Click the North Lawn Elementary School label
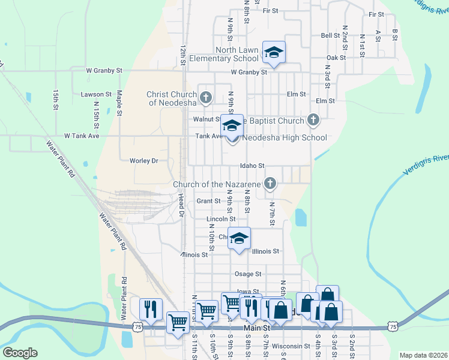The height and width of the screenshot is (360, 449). point(224,54)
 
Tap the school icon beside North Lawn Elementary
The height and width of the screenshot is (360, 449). point(274,52)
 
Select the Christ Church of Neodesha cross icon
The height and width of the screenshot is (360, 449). point(206,97)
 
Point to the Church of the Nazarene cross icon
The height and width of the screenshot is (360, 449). point(270,184)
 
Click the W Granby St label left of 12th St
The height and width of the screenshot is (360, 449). point(104,70)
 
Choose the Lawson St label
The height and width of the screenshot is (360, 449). point(96,94)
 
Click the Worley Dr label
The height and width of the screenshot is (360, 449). point(143,161)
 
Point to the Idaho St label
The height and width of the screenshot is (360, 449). point(252,166)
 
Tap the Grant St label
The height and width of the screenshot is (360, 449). point(208,201)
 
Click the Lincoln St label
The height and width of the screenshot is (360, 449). point(220,220)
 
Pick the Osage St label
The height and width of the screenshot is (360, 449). point(248,274)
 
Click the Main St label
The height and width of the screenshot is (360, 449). point(258,329)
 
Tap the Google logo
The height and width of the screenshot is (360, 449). point(20,353)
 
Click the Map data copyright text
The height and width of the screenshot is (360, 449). point(423,355)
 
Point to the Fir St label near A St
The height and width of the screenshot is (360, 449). point(377,14)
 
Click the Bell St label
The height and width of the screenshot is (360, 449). point(330,35)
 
